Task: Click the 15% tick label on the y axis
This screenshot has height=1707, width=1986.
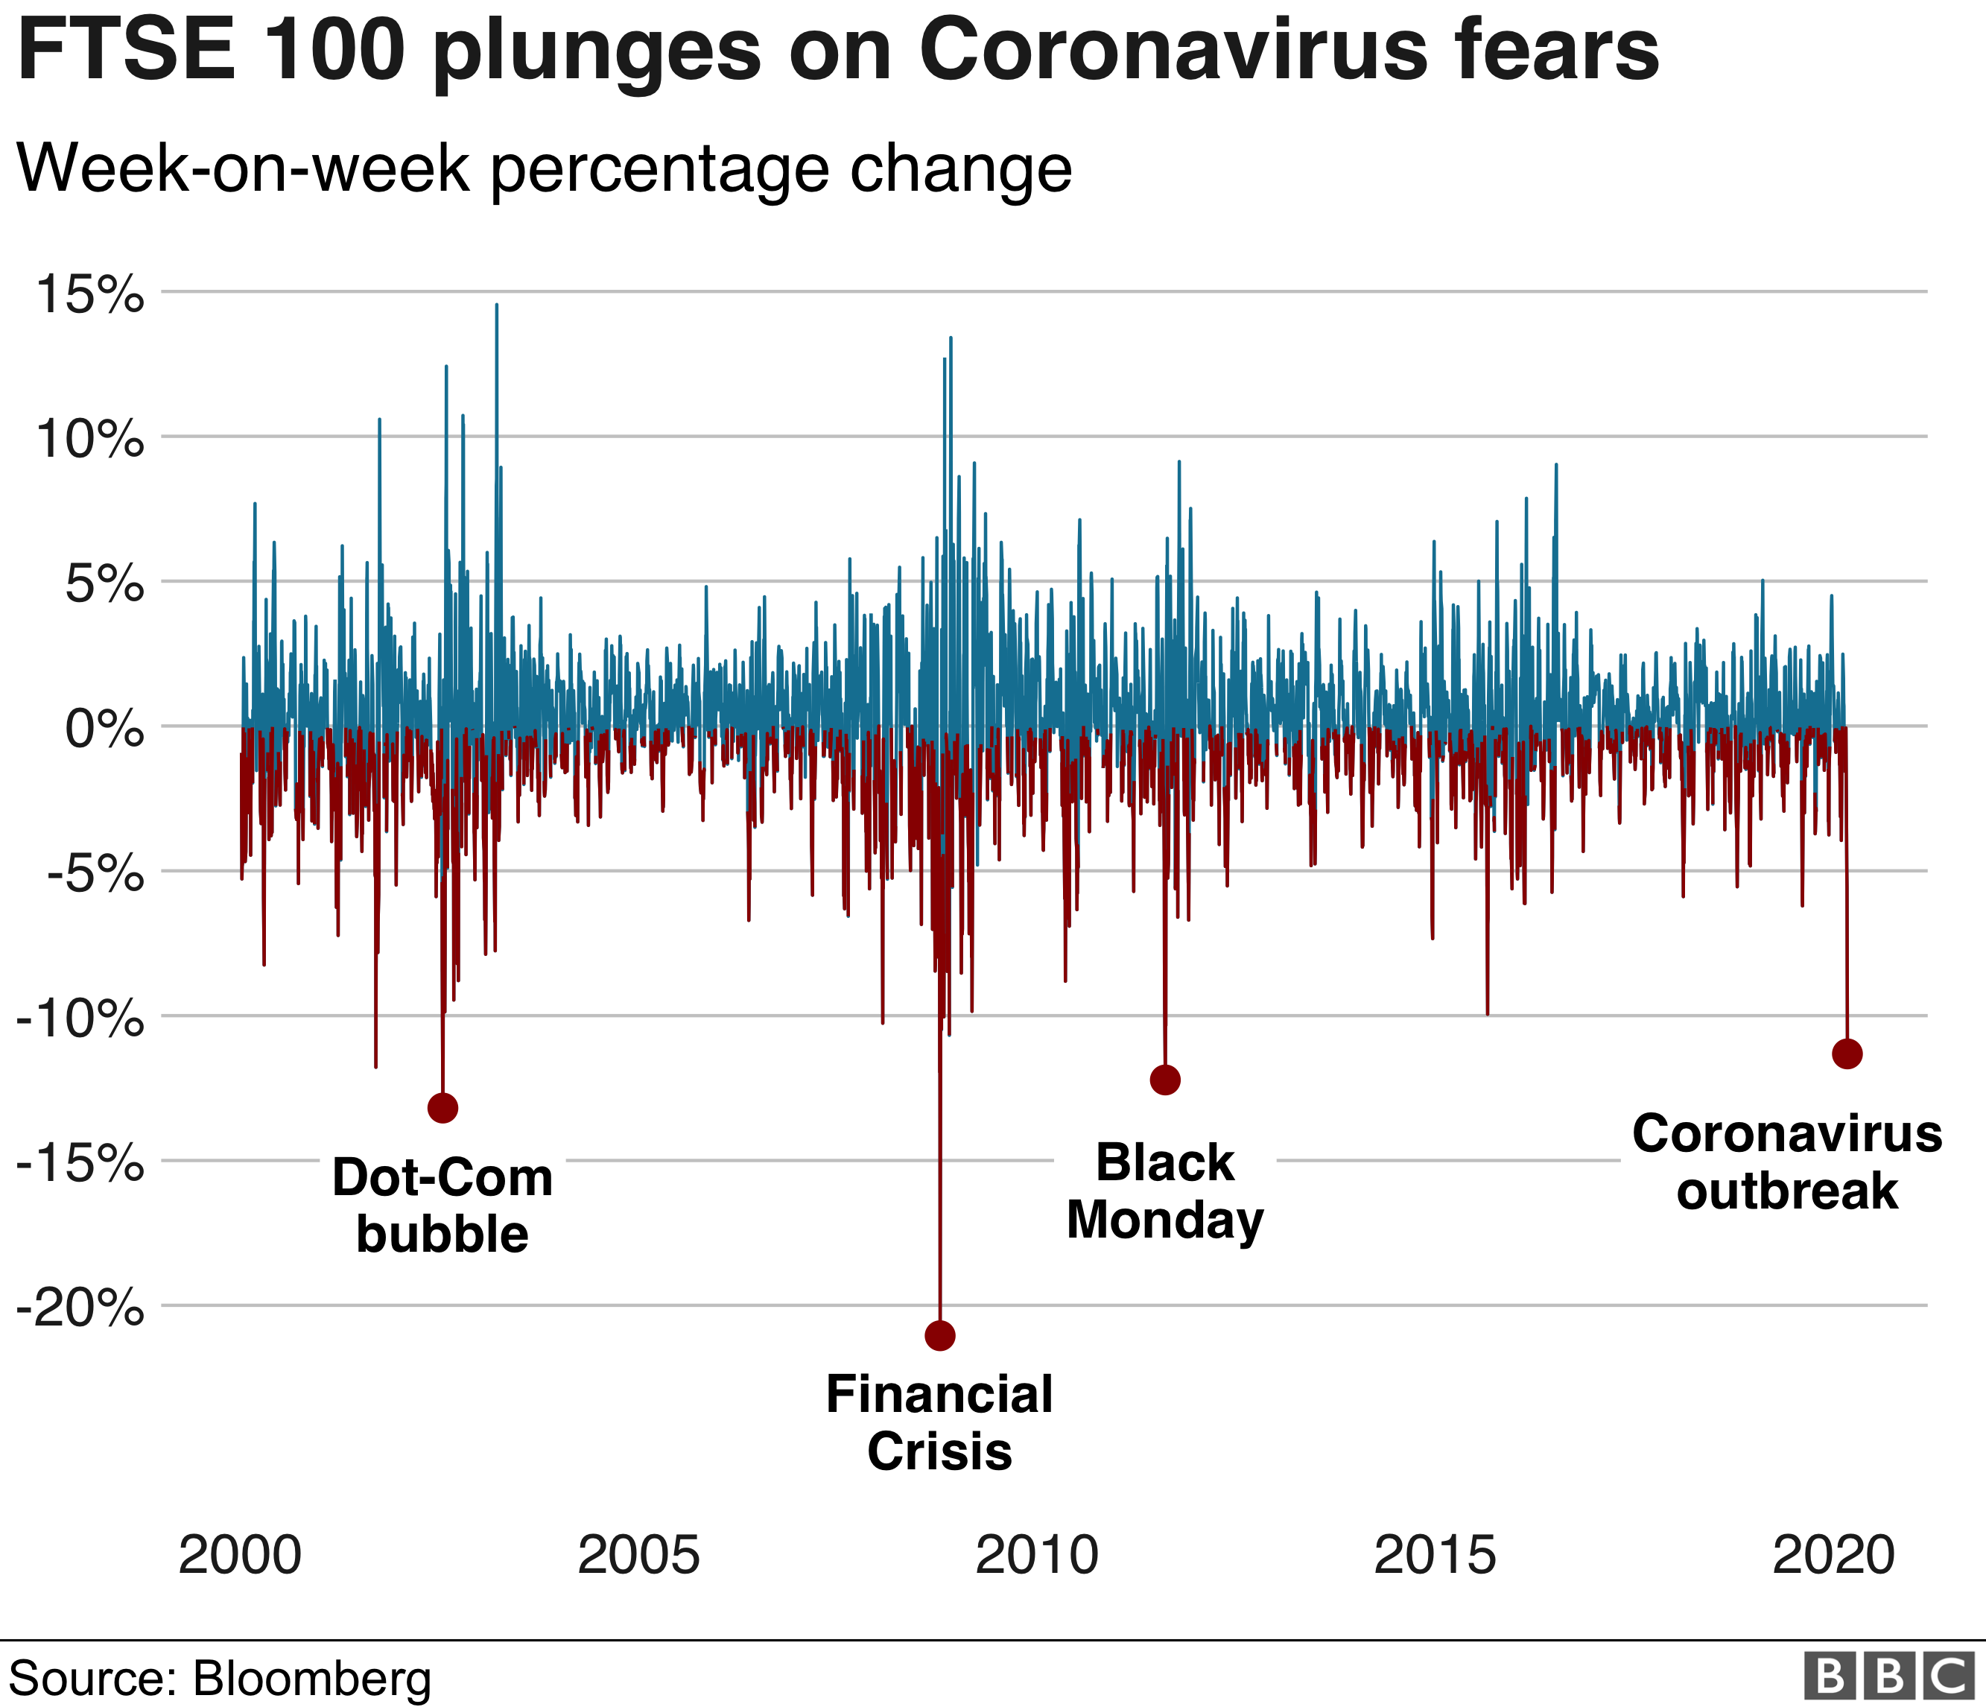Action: [x=89, y=294]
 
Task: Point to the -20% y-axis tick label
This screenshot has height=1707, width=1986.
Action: [x=80, y=1308]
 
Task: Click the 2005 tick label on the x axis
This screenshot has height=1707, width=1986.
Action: [x=638, y=1556]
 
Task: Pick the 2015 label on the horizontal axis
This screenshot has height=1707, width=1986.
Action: [x=1435, y=1556]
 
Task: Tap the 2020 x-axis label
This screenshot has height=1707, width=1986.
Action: [x=1833, y=1556]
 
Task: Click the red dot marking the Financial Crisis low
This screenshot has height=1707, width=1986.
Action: [x=940, y=1335]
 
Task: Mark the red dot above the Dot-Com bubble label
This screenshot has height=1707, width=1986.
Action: [x=442, y=1109]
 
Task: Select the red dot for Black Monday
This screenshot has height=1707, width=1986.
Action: [x=1164, y=1080]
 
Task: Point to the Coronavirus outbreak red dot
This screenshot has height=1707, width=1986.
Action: [x=1847, y=1054]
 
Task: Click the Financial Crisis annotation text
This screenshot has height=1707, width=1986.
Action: [x=939, y=1422]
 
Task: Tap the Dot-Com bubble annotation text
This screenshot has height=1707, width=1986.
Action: [x=442, y=1206]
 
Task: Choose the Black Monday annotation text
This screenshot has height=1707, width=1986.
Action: [x=1164, y=1191]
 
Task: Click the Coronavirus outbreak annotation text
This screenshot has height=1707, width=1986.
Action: [x=1788, y=1162]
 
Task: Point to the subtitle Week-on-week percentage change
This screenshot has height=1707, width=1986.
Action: [x=545, y=170]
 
